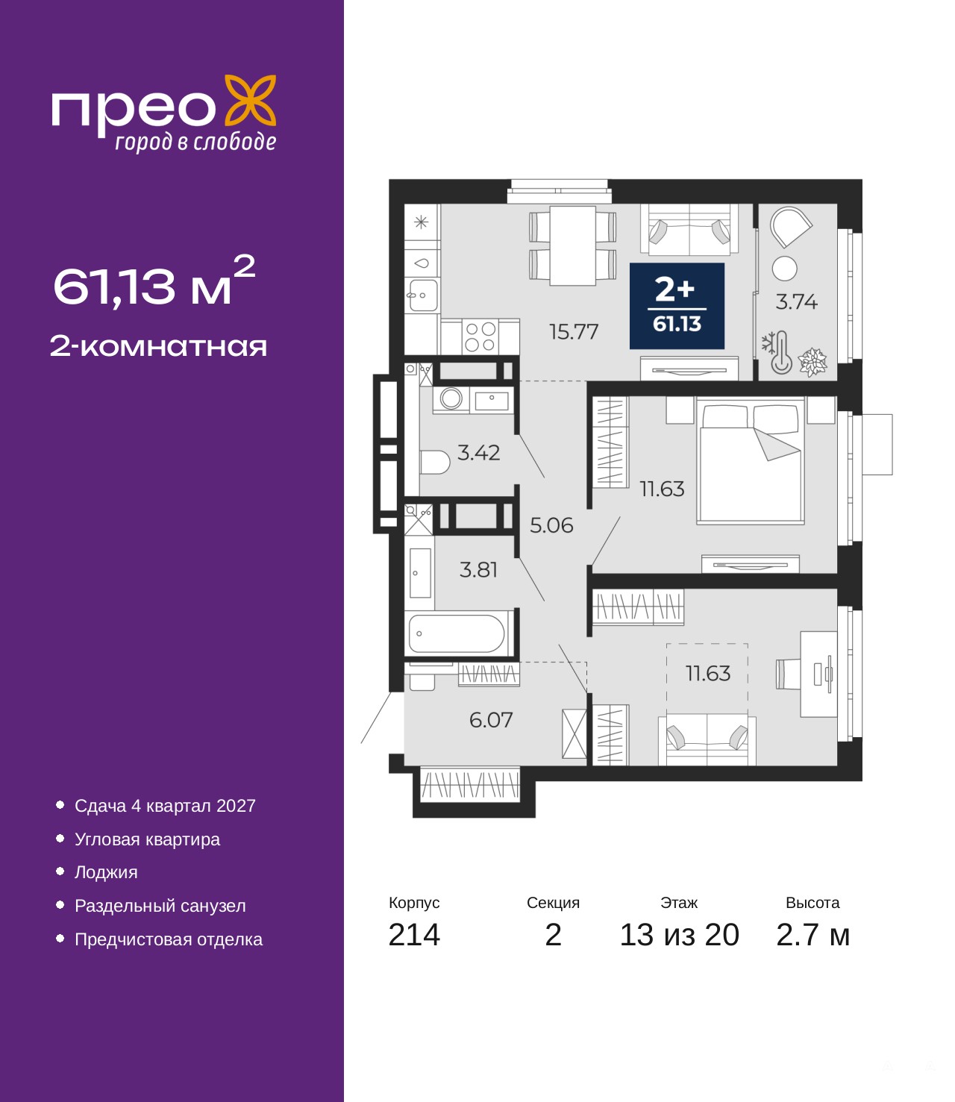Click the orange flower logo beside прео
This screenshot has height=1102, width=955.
[250, 101]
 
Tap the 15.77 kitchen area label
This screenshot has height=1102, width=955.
[574, 331]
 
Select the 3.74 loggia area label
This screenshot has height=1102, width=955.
[796, 301]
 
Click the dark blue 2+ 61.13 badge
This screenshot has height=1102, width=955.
[677, 306]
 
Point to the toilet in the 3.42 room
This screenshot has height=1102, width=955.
[434, 463]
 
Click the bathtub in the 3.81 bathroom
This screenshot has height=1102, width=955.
[457, 633]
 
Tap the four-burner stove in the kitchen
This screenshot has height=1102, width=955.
[480, 336]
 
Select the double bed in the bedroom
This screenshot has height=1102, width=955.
[751, 462]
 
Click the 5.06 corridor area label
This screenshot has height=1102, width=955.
[551, 526]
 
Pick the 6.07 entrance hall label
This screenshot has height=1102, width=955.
[491, 720]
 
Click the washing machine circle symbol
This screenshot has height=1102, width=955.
[451, 398]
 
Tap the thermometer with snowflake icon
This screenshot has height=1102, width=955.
[777, 352]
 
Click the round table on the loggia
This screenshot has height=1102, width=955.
[784, 268]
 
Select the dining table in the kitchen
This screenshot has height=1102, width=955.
[573, 245]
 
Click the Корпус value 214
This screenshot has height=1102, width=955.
[414, 935]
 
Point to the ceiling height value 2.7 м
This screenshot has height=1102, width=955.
[812, 935]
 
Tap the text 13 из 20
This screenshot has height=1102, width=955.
[680, 935]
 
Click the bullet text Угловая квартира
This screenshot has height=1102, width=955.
[147, 839]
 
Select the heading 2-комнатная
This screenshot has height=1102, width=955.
[158, 347]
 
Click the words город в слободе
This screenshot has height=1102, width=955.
[195, 142]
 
